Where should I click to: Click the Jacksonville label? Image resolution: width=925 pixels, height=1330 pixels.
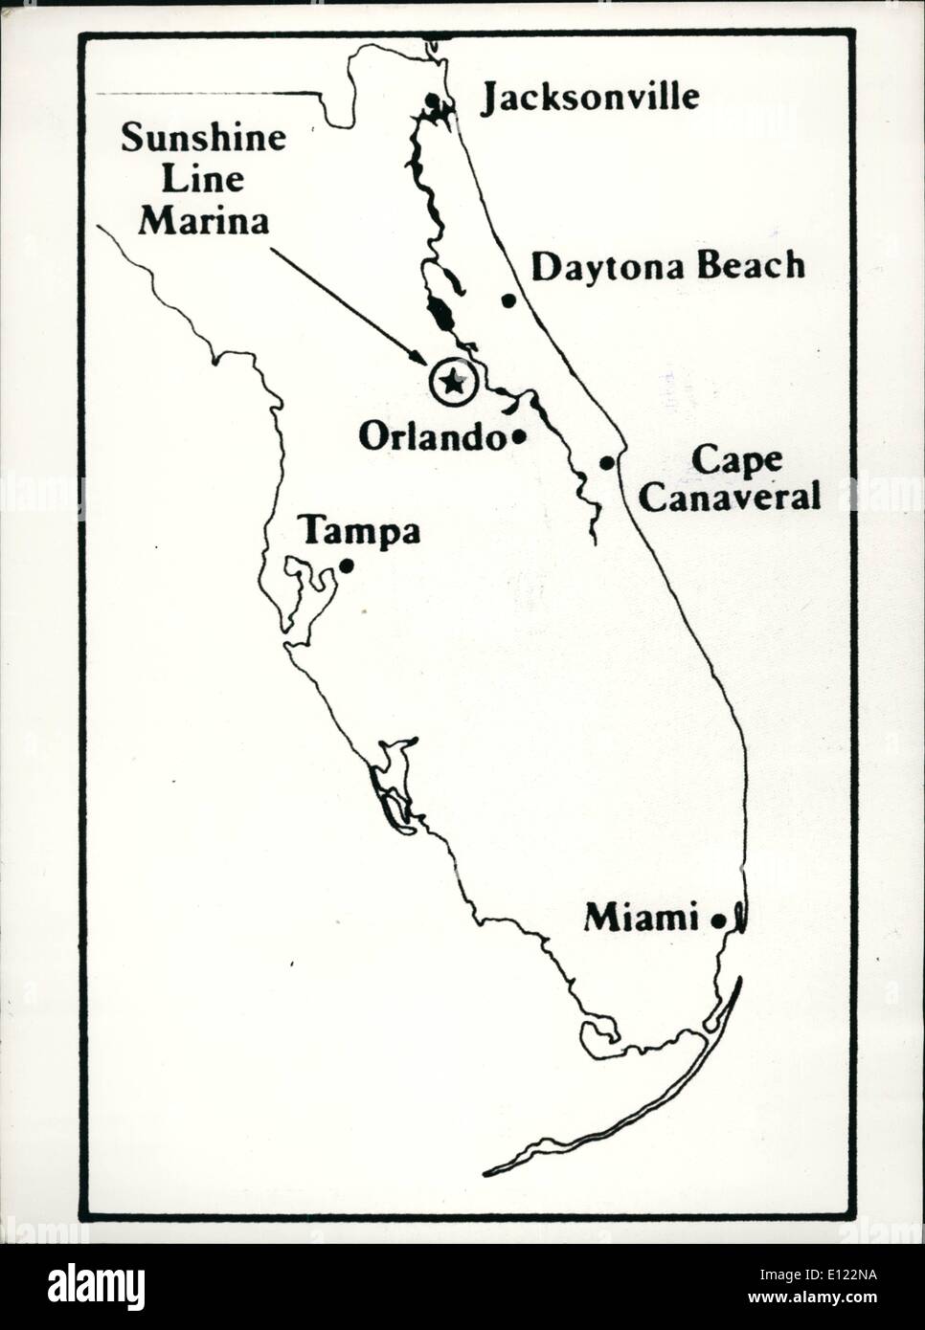click(589, 98)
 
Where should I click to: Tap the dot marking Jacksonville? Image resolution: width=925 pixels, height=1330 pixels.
click(434, 100)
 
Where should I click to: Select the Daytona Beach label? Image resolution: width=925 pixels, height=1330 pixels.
click(667, 267)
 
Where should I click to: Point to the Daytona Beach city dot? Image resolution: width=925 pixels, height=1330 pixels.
click(509, 300)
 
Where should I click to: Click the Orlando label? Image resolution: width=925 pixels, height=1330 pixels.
click(432, 437)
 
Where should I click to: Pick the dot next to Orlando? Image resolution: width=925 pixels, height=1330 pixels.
click(518, 437)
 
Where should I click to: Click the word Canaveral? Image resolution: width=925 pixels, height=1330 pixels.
click(731, 497)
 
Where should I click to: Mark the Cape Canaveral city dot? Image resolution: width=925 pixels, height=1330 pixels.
click(607, 463)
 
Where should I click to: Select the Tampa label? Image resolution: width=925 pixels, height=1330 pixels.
click(360, 531)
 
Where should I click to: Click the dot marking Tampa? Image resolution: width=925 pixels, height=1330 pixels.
click(347, 565)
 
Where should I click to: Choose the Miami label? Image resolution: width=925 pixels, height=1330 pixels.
click(641, 919)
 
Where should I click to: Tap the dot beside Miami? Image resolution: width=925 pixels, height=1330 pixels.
click(718, 920)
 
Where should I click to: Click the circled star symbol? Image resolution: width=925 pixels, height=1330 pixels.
click(452, 382)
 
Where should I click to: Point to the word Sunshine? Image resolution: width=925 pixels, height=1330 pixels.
click(203, 139)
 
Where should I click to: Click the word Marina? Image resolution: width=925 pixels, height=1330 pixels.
click(203, 221)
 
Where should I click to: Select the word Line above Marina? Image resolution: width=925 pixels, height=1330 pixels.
click(203, 180)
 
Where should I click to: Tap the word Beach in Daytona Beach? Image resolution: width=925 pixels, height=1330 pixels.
click(751, 267)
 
